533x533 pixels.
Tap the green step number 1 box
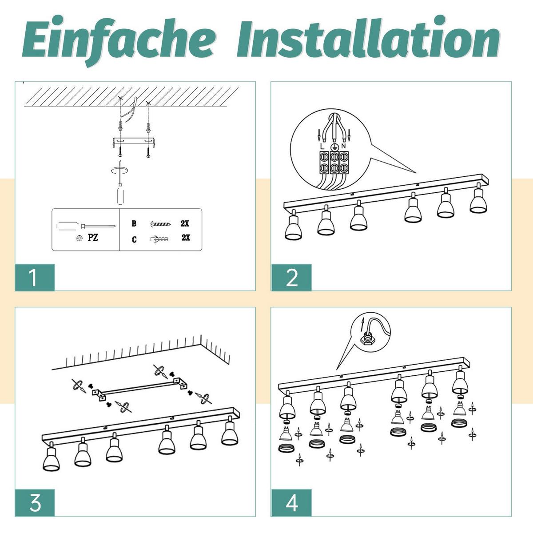35,278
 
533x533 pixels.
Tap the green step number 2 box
291,278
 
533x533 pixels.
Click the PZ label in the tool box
93,238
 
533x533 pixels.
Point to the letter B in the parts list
134,223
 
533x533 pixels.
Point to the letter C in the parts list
134,239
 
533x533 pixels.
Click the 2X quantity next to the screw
185,223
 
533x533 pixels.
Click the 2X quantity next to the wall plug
186,238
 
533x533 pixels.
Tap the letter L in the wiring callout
322,146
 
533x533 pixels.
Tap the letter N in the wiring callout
343,146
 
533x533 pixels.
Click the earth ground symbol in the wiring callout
334,147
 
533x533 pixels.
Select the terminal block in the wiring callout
334,163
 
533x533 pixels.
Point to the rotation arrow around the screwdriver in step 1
119,171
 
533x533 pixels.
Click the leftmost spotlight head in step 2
293,225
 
